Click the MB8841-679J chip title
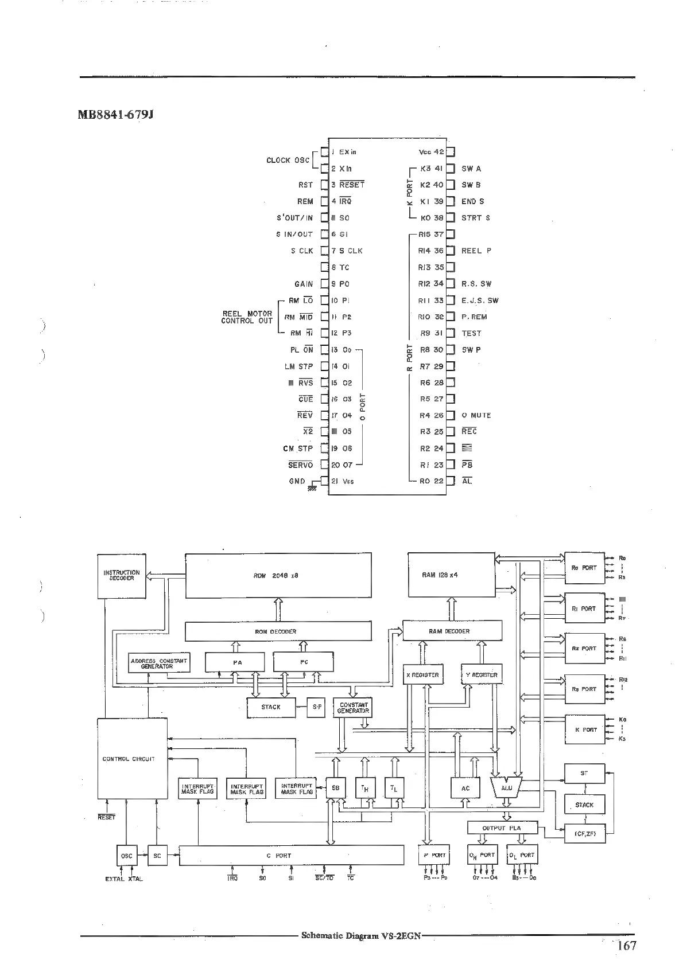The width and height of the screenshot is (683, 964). tap(115, 115)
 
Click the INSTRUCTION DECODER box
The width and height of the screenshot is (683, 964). tap(122, 576)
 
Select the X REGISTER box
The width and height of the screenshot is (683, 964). tap(422, 675)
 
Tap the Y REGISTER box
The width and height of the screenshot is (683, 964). tap(482, 674)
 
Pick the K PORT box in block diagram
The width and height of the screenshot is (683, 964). tap(585, 730)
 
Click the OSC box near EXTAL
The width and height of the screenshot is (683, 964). tap(126, 856)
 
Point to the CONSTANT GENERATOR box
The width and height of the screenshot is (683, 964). tap(354, 708)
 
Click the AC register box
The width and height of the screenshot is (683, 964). tap(465, 788)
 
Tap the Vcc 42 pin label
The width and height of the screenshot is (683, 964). tap(432, 152)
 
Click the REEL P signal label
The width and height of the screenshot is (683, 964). tap(476, 251)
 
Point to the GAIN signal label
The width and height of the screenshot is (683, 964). tap(304, 284)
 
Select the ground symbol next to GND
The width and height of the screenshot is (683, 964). tap(313, 485)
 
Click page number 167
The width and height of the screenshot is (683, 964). tap(626, 946)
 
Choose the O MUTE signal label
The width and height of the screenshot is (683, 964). tap(476, 415)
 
